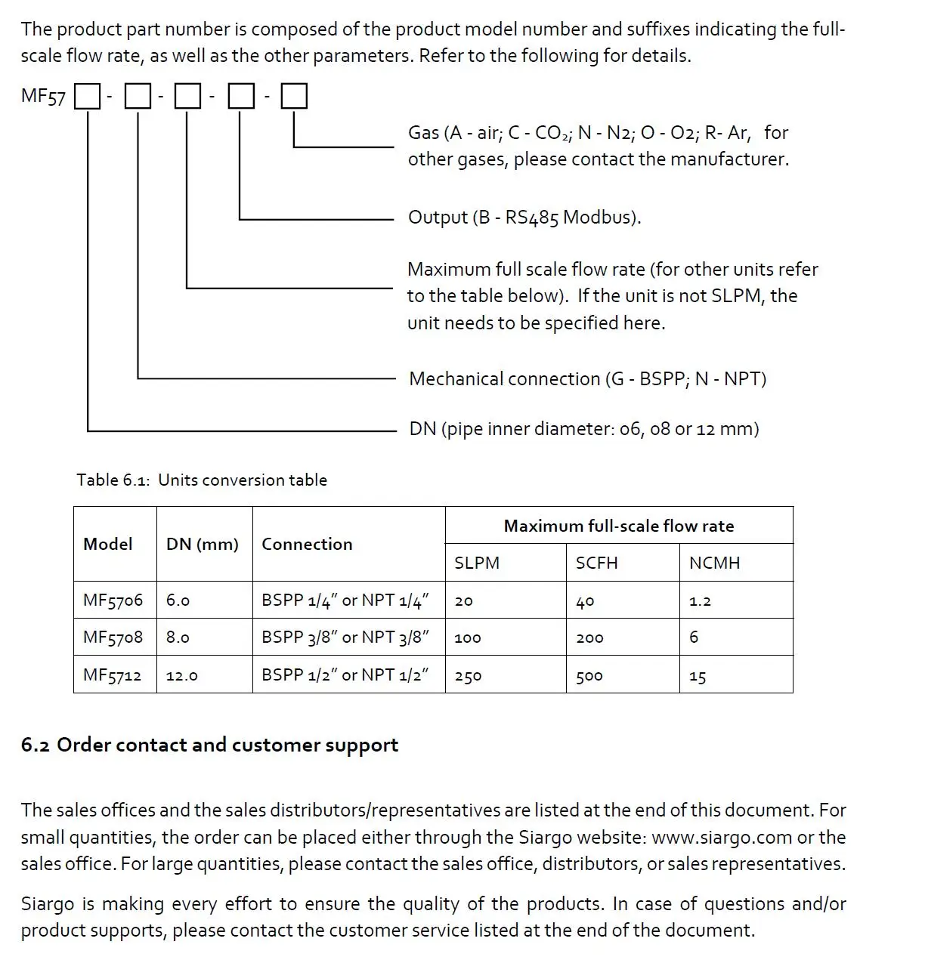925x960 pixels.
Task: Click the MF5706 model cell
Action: tap(113, 600)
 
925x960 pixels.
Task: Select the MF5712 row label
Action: tap(112, 674)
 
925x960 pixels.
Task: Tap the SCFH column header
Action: tap(596, 563)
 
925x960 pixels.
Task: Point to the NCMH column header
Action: tap(714, 563)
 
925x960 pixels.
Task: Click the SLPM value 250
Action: tap(468, 676)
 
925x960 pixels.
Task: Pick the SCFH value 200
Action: tap(589, 638)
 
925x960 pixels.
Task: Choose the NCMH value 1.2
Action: tap(700, 601)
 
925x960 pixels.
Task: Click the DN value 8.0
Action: tap(178, 637)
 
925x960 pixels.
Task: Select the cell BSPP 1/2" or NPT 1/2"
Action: tap(345, 674)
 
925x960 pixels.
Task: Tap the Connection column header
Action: tap(307, 544)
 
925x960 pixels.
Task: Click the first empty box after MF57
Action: tap(88, 97)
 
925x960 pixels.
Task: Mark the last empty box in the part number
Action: tap(294, 97)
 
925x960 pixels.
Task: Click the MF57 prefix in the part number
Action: tap(43, 97)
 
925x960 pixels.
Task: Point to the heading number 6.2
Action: tap(35, 745)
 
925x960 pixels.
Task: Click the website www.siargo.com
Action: tap(721, 837)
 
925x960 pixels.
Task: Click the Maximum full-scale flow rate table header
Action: tap(618, 526)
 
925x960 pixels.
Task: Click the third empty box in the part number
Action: tap(187, 97)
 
